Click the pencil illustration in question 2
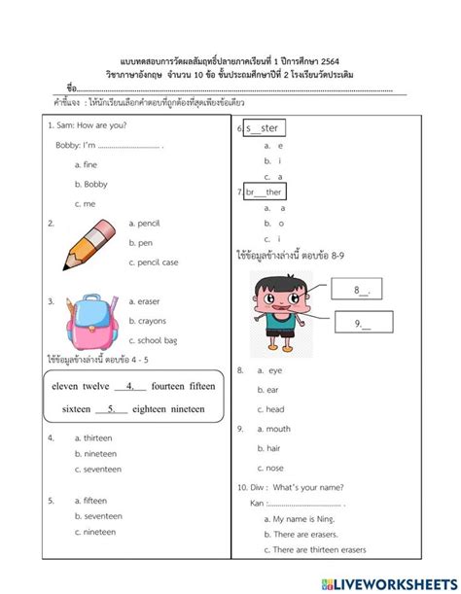click(x=84, y=243)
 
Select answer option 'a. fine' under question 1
click(x=86, y=164)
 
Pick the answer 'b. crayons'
click(x=152, y=320)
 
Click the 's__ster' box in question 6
click(x=266, y=127)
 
